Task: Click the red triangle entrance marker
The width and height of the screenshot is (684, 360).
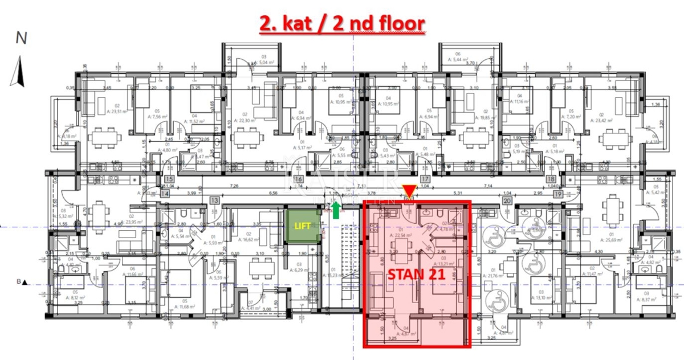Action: pos(409,191)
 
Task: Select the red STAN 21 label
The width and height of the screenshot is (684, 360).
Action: pos(417,273)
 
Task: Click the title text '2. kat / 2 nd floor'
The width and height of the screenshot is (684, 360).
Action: pos(342,24)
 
